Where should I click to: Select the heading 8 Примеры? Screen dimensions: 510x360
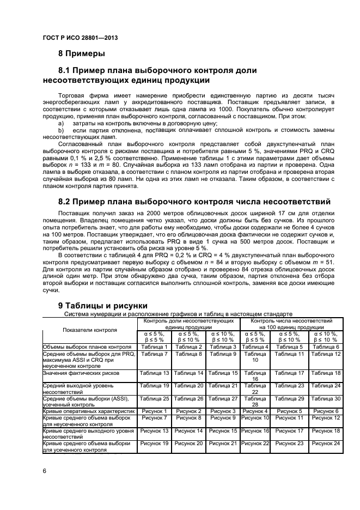pos(82,53)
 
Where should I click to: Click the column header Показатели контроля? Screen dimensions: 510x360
pos(89,330)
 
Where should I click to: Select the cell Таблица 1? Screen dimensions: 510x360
pos(155,347)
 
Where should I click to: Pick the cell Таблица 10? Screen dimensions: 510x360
pos(255,357)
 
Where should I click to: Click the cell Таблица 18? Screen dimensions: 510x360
pos(326,373)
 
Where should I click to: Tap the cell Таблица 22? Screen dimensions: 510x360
pos(255,388)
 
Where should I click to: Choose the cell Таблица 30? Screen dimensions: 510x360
pos(326,399)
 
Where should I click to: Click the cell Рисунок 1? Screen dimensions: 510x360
pos(155,411)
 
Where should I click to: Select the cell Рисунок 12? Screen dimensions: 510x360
pos(326,417)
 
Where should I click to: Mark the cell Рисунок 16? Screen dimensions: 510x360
pos(255,430)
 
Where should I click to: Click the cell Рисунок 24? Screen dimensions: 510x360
pos(326,443)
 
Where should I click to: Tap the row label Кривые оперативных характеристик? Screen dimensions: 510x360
pos(88,411)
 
